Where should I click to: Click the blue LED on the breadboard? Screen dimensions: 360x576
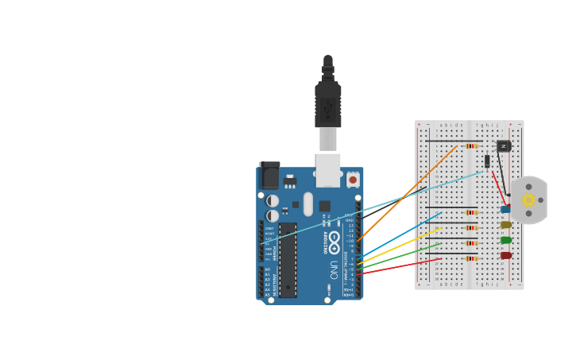(505, 210)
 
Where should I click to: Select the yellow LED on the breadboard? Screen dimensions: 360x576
(506, 225)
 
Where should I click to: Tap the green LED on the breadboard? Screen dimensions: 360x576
(506, 240)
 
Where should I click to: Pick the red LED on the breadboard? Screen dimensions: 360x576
(506, 255)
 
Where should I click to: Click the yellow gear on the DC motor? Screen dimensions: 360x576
(528, 200)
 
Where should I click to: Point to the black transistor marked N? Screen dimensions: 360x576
(503, 146)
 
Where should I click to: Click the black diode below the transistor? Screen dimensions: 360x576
(487, 161)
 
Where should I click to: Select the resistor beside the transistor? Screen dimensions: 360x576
(471, 146)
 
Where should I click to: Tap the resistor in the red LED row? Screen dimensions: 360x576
(471, 258)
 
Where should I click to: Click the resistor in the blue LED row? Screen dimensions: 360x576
(471, 213)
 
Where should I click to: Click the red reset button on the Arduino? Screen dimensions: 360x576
(353, 180)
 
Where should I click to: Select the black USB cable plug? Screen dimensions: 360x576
(327, 103)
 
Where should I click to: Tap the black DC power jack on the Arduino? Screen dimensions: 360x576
(270, 175)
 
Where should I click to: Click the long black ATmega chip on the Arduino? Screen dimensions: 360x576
(288, 260)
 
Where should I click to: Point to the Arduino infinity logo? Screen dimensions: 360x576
(334, 238)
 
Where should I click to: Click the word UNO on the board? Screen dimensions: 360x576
(334, 269)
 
